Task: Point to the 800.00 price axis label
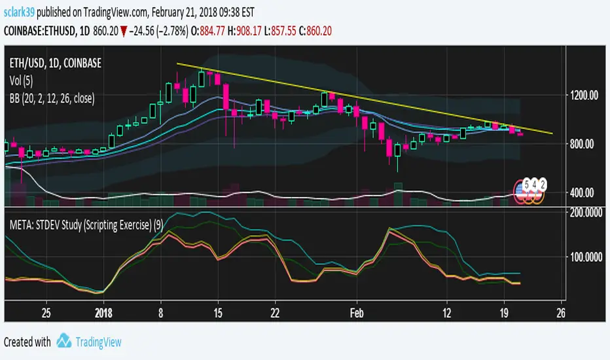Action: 585,143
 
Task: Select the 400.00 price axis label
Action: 585,192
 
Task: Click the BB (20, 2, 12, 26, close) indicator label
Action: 52,99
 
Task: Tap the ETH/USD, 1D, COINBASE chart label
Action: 56,64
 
